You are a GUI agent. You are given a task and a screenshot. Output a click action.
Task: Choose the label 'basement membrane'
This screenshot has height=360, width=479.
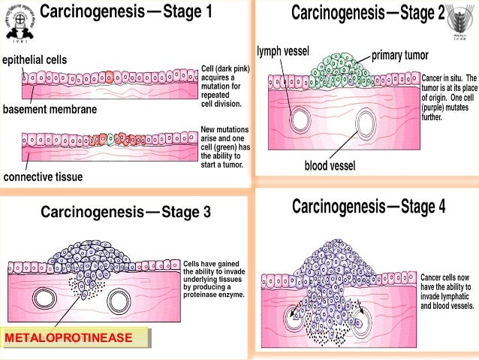point(50,109)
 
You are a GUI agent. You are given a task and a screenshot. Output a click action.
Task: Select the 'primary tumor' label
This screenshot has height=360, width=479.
point(404,56)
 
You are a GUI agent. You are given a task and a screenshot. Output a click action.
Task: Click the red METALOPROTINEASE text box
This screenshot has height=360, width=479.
point(74,339)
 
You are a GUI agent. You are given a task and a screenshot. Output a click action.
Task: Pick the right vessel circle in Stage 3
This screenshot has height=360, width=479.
point(118,301)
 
